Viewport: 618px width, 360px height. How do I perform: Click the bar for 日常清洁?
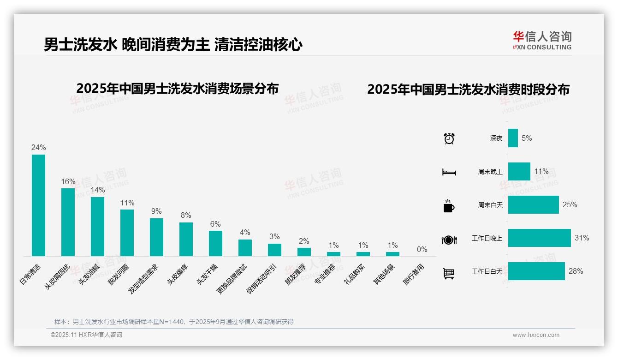[38, 205]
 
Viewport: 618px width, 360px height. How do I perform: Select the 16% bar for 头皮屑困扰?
[68, 222]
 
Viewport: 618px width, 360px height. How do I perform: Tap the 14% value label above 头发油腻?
[97, 190]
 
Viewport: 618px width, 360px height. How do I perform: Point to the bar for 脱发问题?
[127, 233]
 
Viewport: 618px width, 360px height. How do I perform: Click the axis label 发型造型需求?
[143, 280]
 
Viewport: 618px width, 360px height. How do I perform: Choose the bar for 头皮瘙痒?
[186, 239]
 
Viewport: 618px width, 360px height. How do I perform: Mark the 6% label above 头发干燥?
[215, 224]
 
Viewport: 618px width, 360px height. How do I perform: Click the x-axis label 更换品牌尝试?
[232, 279]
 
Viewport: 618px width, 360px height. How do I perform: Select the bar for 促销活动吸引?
[274, 250]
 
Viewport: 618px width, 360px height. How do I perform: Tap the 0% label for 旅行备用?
[422, 250]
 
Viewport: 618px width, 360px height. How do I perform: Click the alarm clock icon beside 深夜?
[449, 138]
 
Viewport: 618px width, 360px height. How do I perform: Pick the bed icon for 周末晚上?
[449, 172]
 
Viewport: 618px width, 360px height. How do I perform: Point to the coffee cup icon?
[449, 206]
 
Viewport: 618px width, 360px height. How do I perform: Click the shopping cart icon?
[449, 273]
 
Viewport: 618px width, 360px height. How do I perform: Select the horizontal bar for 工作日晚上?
[539, 238]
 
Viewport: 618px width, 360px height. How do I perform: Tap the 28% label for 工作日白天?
[576, 271]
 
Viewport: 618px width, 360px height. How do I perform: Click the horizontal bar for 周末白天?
[533, 205]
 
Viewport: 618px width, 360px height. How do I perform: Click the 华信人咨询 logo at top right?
[542, 40]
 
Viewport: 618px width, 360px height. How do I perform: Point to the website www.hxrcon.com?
[536, 335]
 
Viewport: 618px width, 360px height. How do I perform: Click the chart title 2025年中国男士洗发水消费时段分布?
[468, 90]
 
